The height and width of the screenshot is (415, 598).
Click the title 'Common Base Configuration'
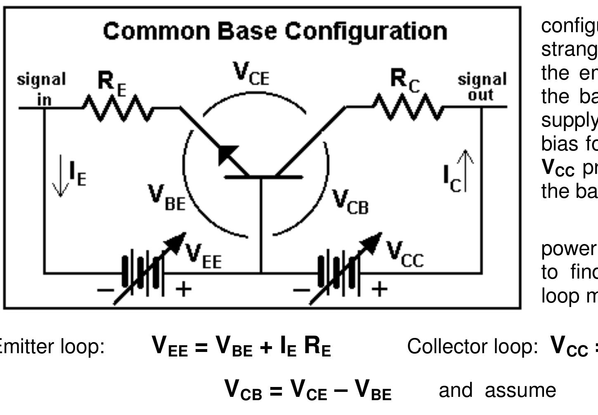(275, 31)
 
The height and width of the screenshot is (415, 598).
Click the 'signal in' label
(41, 89)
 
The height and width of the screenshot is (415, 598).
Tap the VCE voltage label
(251, 74)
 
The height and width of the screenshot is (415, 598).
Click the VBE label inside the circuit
(167, 198)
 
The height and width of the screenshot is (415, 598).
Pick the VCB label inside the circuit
(350, 202)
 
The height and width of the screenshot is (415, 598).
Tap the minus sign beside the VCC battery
(301, 290)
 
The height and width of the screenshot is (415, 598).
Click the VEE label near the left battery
(203, 256)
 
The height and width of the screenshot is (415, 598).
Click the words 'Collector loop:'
(472, 347)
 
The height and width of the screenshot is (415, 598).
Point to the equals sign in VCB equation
(276, 391)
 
